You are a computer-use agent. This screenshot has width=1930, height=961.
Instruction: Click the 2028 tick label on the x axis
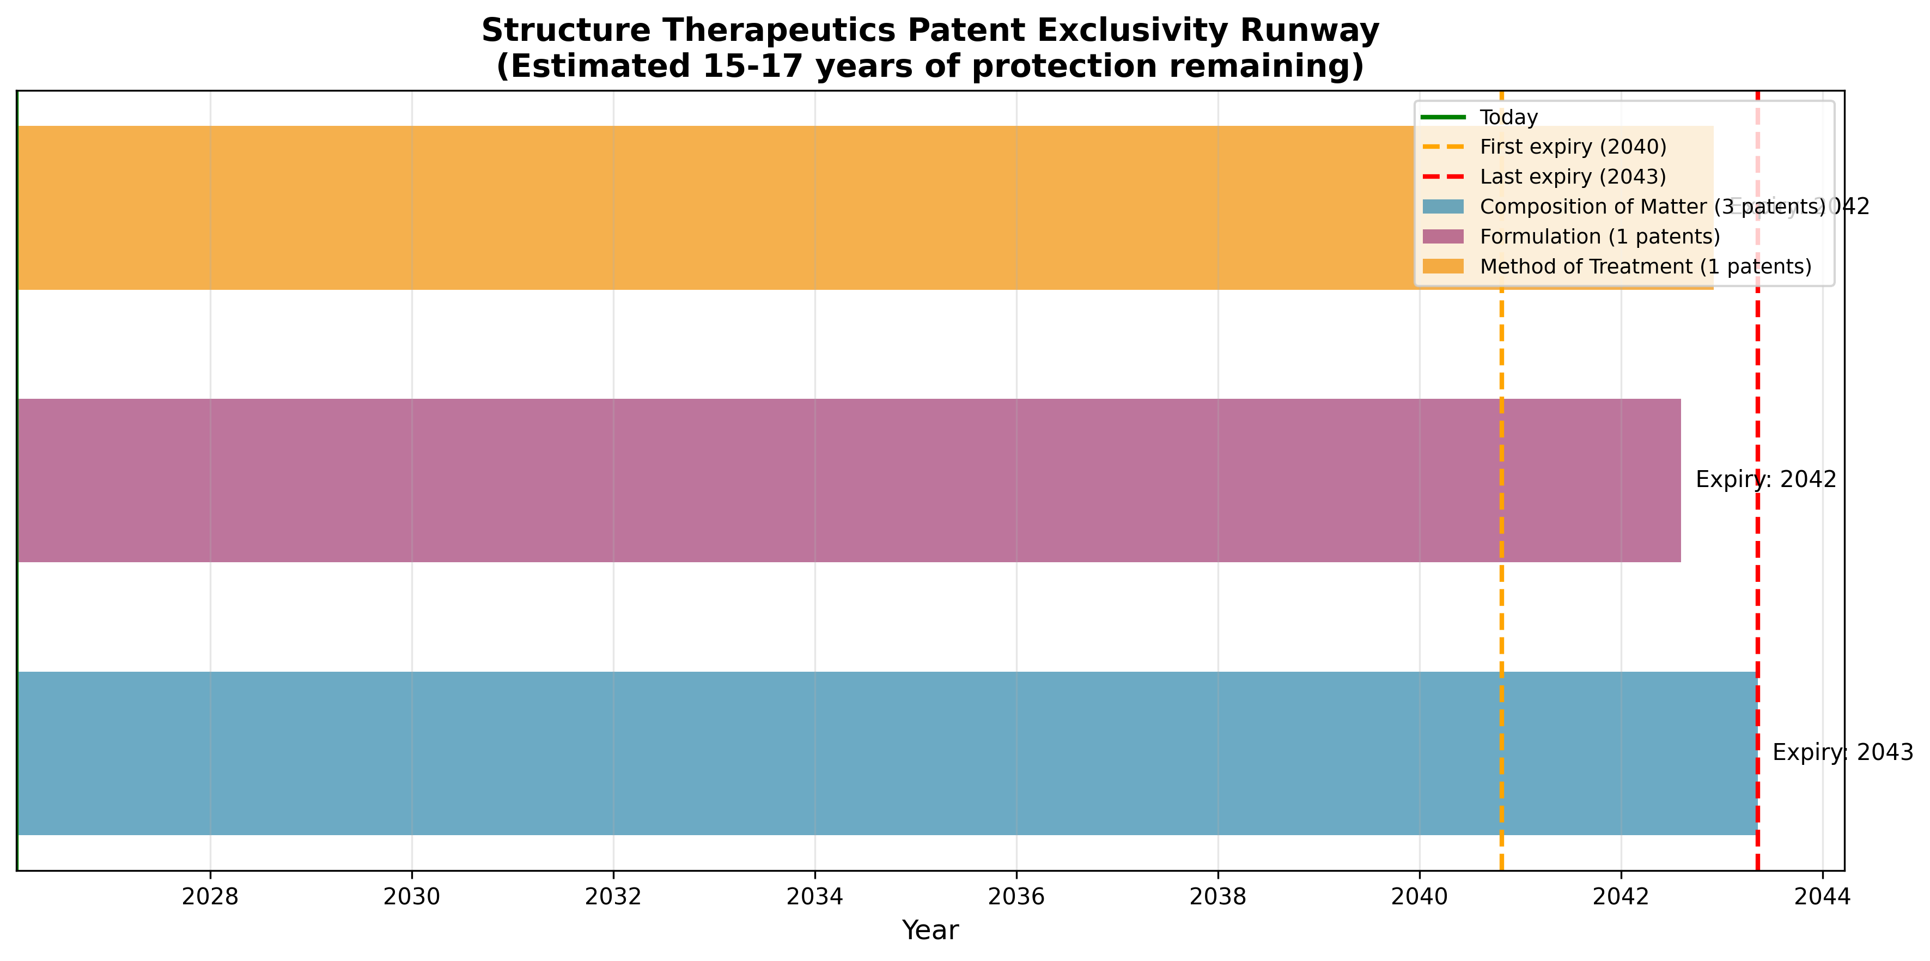point(210,897)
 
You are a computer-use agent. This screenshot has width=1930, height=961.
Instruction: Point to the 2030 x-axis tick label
point(411,897)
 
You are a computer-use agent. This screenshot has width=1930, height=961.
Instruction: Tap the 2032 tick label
point(613,897)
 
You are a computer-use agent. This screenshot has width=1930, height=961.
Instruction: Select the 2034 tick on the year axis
point(814,897)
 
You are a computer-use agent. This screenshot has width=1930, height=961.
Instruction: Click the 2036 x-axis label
point(1016,897)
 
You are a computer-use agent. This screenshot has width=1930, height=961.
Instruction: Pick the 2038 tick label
point(1217,897)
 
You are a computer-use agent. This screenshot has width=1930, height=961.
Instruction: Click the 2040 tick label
point(1419,897)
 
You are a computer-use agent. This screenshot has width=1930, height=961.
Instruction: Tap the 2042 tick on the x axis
point(1621,897)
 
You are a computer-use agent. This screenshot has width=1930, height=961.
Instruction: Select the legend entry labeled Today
point(1508,118)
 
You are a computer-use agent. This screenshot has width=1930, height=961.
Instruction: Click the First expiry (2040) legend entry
point(1573,147)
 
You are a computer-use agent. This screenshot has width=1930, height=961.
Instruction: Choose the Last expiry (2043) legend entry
point(1573,177)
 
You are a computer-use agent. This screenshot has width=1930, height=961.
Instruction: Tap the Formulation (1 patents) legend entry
point(1599,236)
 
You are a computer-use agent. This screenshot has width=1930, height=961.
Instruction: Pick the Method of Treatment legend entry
point(1645,266)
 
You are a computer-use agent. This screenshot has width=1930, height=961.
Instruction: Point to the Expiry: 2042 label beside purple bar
point(1765,479)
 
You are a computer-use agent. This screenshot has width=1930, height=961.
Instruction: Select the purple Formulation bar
point(824,480)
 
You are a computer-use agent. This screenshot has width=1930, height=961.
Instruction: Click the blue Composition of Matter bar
point(824,753)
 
